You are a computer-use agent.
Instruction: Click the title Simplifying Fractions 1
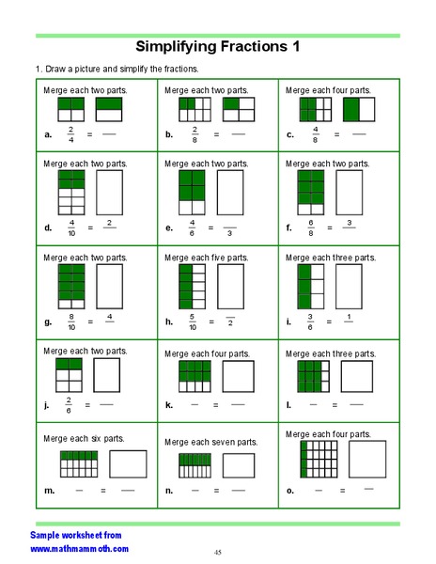pyautogui.click(x=218, y=46)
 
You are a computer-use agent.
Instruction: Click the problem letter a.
pyautogui.click(x=48, y=135)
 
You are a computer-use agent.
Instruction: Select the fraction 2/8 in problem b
pyautogui.click(x=195, y=134)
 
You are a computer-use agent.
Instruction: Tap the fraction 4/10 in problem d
pyautogui.click(x=72, y=227)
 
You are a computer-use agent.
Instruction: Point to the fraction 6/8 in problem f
pyautogui.click(x=311, y=227)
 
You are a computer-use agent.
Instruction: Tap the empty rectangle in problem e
pyautogui.click(x=232, y=192)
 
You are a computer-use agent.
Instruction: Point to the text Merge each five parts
pyautogui.click(x=206, y=258)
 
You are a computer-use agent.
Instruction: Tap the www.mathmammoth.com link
pyautogui.click(x=80, y=548)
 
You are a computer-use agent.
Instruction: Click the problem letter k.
pyautogui.click(x=169, y=405)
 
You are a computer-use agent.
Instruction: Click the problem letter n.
pyautogui.click(x=169, y=491)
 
